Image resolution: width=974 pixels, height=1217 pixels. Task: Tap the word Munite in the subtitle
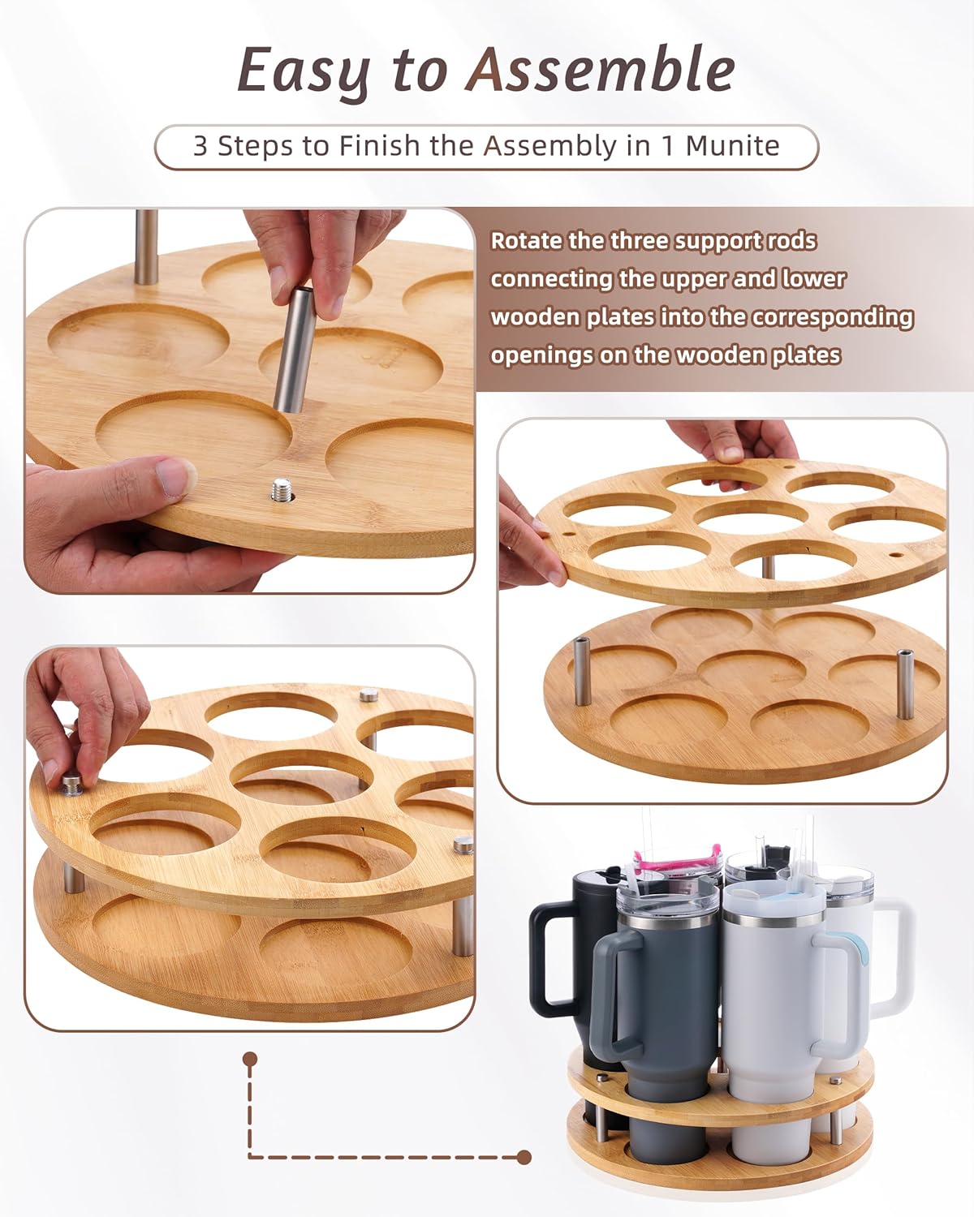point(732,146)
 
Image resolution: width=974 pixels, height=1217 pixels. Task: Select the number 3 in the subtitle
point(200,146)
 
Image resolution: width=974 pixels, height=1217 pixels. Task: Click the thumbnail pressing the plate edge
point(177,475)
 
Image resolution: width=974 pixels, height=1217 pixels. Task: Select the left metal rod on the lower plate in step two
point(582,672)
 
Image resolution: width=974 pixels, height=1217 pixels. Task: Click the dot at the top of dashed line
point(251,1059)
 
